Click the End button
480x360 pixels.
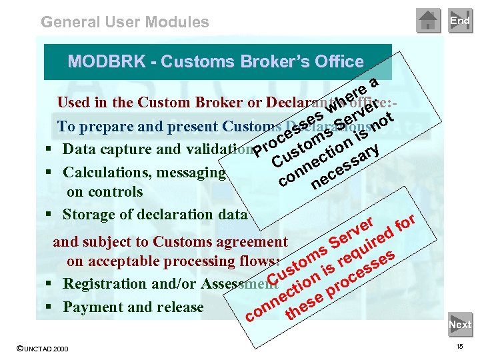coord(459,21)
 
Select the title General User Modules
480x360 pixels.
coord(125,22)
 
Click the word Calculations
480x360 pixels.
coord(102,173)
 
